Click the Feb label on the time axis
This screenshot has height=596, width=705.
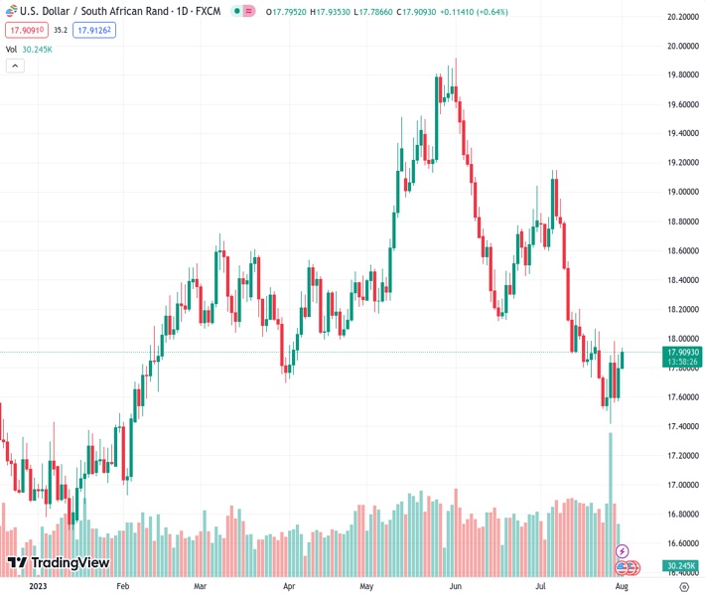[123, 586]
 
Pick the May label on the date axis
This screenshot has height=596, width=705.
[366, 586]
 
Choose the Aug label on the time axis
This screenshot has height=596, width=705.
[622, 586]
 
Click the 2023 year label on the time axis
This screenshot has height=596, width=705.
[37, 586]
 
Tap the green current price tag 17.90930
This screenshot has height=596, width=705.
[683, 353]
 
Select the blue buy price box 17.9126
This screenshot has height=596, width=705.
[95, 31]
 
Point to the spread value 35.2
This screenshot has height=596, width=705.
[61, 31]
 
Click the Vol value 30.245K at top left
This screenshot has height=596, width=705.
[39, 49]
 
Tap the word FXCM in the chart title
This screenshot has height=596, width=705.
[208, 11]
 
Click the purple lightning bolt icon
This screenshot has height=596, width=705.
[623, 550]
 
